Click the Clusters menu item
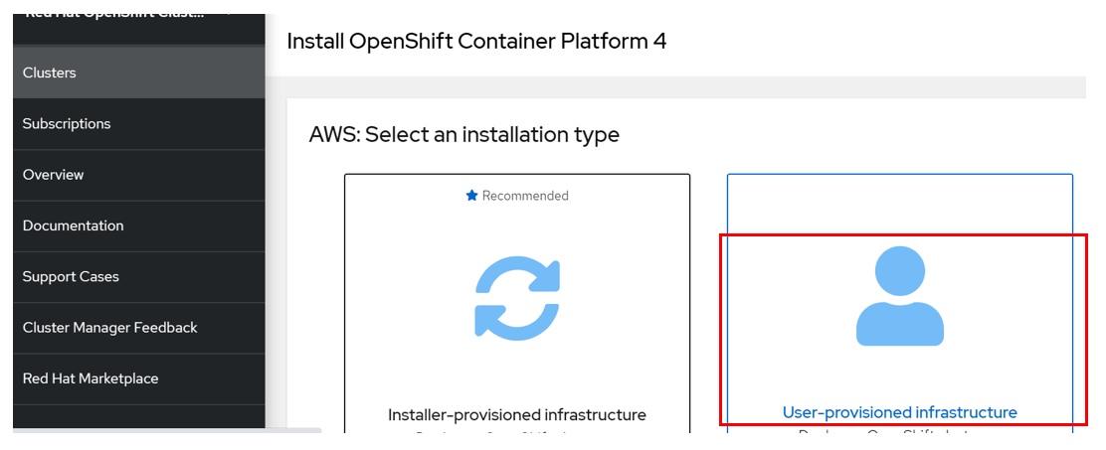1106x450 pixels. (x=50, y=73)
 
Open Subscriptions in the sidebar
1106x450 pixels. (x=67, y=124)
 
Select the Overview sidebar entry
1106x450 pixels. (x=54, y=175)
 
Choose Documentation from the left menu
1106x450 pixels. (x=74, y=225)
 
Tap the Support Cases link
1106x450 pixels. (x=71, y=277)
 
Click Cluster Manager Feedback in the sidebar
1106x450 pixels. (x=110, y=328)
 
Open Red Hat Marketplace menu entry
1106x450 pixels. (x=91, y=378)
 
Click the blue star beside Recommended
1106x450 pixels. (x=472, y=196)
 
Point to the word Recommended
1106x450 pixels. (x=525, y=196)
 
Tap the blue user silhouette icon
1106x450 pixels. (x=900, y=298)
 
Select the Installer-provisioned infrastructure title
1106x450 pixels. (x=517, y=414)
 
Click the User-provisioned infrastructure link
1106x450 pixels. (x=900, y=412)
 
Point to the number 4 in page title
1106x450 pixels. (x=659, y=41)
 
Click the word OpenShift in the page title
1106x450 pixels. (x=393, y=41)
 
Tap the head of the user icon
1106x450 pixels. (x=900, y=270)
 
